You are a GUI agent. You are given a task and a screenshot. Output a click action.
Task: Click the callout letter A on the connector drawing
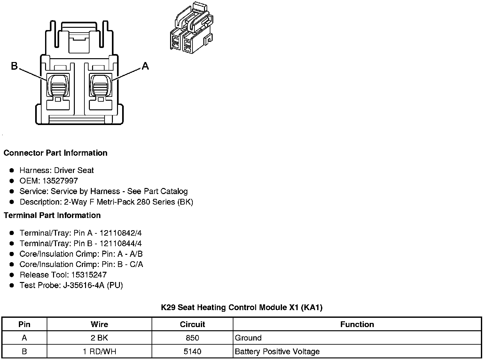click(x=145, y=66)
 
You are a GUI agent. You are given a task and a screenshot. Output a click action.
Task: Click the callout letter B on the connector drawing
click(x=14, y=66)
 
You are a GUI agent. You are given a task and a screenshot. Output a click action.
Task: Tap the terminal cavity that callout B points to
click(x=58, y=85)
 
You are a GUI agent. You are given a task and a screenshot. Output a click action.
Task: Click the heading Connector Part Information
click(x=55, y=153)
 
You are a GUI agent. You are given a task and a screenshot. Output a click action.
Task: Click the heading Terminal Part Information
click(x=52, y=215)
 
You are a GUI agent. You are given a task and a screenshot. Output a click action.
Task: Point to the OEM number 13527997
click(x=60, y=181)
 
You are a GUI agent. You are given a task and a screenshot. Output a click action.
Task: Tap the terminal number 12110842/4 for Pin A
click(x=121, y=233)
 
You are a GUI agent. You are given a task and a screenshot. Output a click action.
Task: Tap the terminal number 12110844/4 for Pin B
click(x=121, y=244)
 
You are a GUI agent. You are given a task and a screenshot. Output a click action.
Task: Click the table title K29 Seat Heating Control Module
click(x=241, y=308)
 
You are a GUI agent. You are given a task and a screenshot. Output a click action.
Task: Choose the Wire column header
click(x=99, y=325)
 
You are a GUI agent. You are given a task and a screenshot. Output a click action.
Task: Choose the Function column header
click(x=357, y=325)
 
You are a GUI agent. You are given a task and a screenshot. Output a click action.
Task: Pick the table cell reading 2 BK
click(x=99, y=338)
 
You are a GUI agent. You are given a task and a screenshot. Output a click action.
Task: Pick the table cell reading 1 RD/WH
click(x=99, y=352)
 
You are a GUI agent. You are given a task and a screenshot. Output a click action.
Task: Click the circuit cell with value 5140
click(x=192, y=352)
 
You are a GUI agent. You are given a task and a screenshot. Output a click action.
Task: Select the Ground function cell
click(x=248, y=338)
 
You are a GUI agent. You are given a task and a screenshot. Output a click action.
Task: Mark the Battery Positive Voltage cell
click(x=277, y=352)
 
